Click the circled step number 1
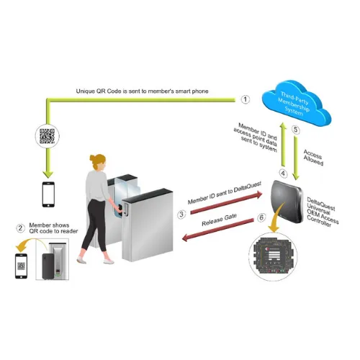[245, 99]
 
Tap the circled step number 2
[20, 228]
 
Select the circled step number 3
[181, 215]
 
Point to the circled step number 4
[283, 174]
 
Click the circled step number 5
[296, 130]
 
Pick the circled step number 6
[261, 217]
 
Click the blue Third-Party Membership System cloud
[296, 103]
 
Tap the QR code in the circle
[47, 136]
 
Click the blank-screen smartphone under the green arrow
[48, 194]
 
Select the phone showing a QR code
[21, 266]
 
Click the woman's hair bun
[92, 158]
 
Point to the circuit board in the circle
[273, 256]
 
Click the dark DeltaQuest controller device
[287, 201]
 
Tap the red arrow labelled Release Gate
[217, 230]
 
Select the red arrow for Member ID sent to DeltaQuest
[226, 202]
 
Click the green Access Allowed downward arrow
[296, 158]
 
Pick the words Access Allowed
[313, 158]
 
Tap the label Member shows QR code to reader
[53, 228]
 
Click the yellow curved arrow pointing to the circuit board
[277, 217]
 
